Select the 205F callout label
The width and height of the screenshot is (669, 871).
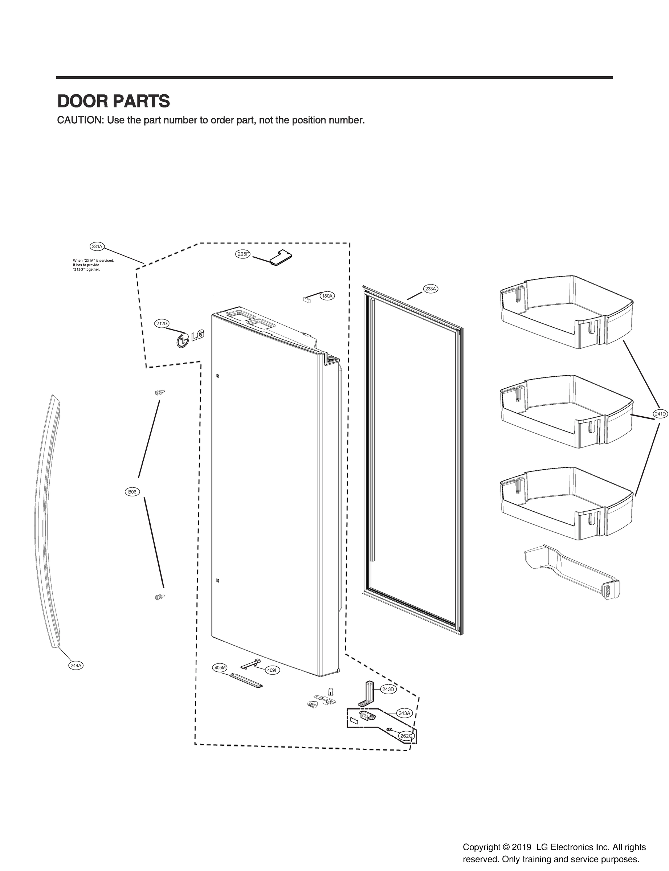(242, 254)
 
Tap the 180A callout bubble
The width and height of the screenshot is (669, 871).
(327, 296)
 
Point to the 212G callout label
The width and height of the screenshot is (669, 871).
(162, 324)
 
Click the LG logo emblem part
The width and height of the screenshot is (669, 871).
(190, 338)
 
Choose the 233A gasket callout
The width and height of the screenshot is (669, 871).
(431, 289)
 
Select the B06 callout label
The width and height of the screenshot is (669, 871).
(132, 492)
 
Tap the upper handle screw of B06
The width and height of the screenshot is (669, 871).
(159, 393)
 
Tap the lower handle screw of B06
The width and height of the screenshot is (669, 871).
(159, 597)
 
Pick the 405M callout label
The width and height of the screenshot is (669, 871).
(220, 667)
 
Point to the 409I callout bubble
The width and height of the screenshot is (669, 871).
(272, 670)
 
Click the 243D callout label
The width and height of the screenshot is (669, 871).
(388, 689)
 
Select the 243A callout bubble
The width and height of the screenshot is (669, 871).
(404, 713)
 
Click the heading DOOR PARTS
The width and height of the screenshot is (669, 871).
(114, 101)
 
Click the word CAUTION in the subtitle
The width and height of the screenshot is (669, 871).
(80, 120)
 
